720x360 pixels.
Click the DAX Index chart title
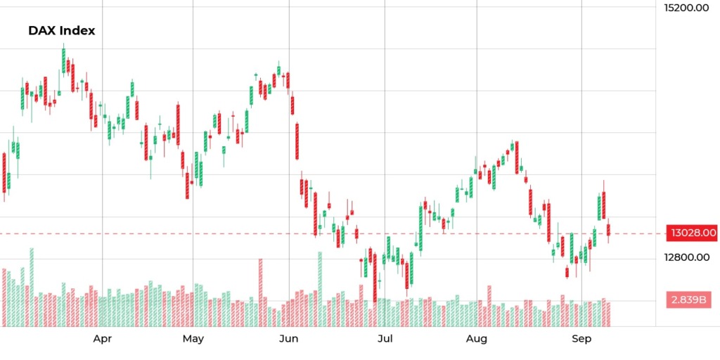tap(61, 30)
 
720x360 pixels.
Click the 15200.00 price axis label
tap(686, 8)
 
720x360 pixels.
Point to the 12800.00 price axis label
tap(686, 257)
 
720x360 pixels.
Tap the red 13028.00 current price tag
tap(692, 233)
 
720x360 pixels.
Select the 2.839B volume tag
tap(689, 300)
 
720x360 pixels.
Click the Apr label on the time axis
tap(103, 339)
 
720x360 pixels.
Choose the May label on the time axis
tap(193, 339)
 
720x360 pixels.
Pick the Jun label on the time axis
tap(288, 339)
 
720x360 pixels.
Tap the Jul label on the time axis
tap(385, 339)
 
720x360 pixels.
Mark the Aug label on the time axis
tap(477, 339)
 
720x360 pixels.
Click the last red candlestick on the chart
tap(608, 230)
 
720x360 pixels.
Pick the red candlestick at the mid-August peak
tap(517, 157)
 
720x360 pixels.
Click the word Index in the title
tap(77, 30)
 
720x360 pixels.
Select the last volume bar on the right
tap(608, 314)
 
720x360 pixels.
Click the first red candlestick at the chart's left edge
tap(4, 172)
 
